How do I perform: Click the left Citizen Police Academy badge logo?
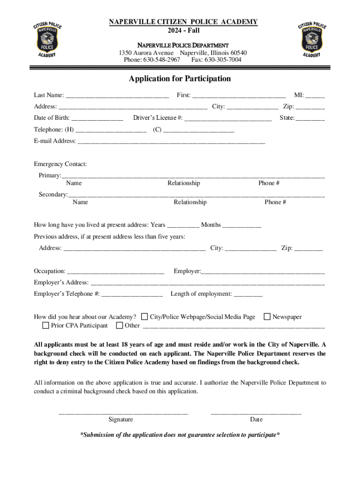(x=47, y=40)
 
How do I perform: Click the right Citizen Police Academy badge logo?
(x=312, y=40)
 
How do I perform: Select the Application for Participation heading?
(x=180, y=79)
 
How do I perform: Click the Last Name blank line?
(x=117, y=96)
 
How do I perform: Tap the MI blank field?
(x=316, y=96)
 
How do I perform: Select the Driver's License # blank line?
(x=228, y=119)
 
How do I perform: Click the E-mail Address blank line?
(x=171, y=142)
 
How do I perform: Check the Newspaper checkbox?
(x=267, y=317)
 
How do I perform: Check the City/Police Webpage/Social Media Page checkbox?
(x=144, y=317)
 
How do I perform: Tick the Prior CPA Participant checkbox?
(x=46, y=325)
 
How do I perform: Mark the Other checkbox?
(x=120, y=325)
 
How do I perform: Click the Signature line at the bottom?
(x=123, y=412)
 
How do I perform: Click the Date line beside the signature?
(x=256, y=412)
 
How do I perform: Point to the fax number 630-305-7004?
(x=223, y=60)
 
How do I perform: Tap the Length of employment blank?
(x=248, y=295)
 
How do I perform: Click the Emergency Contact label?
(x=60, y=164)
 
